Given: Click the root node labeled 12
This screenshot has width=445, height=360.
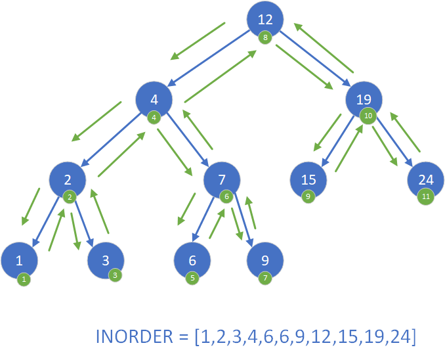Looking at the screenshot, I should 265,19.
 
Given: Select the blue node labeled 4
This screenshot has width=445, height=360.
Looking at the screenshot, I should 154,100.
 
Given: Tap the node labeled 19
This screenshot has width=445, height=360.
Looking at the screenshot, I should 364,100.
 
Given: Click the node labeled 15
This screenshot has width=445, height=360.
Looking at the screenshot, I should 309,179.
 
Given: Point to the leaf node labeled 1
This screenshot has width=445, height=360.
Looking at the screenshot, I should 19,259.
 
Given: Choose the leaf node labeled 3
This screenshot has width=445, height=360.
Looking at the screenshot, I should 106,259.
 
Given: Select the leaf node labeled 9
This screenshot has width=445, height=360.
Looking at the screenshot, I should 265,259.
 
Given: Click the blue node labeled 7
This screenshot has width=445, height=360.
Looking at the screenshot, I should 221,179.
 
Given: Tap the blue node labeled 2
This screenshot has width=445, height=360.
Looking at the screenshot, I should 67,179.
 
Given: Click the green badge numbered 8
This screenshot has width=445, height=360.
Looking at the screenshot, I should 265,37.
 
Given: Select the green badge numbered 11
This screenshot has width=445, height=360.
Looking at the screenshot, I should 425,196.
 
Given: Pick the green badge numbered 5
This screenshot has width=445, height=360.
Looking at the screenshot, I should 192,278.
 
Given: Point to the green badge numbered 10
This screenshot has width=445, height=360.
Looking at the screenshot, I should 368,116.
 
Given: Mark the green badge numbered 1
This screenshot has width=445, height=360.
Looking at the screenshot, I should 24,279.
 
